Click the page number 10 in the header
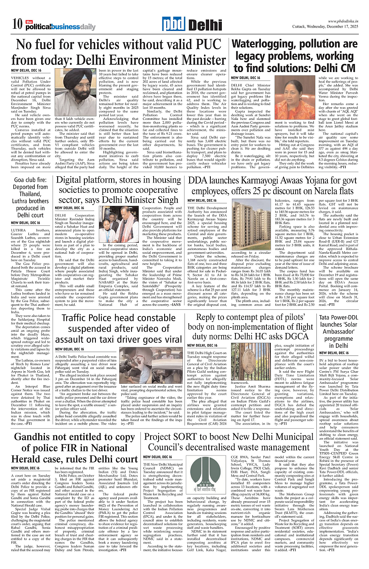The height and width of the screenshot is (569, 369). pyautogui.click(x=17, y=25)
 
